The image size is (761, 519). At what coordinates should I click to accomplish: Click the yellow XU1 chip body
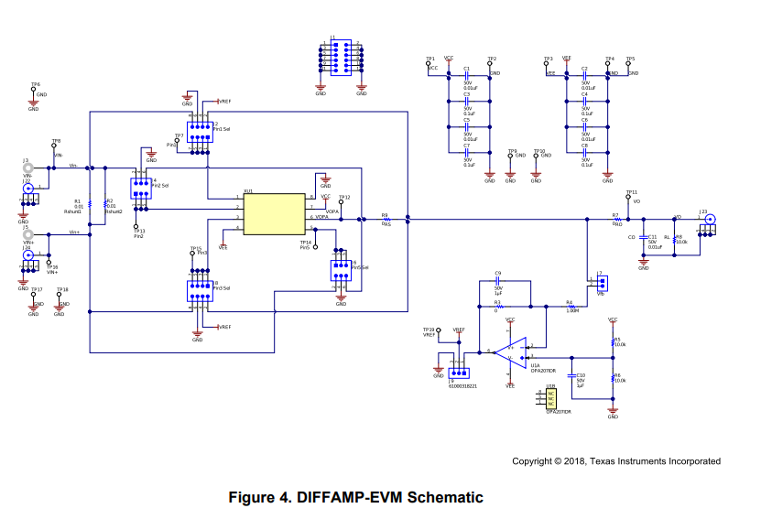pos(274,212)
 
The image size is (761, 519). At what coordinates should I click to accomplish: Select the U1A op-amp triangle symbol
pos(514,351)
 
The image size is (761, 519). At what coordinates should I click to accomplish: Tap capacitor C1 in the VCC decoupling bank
pos(467,74)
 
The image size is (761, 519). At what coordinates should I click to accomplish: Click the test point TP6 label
pos(35,85)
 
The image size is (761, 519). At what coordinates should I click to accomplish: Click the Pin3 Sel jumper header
pos(199,290)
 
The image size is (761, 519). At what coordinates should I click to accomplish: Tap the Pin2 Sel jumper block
pos(140,188)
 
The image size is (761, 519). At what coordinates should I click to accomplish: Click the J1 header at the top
pos(341,57)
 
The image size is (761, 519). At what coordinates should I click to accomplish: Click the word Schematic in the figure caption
pos(444,498)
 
